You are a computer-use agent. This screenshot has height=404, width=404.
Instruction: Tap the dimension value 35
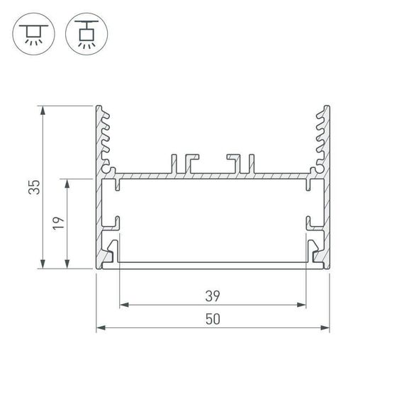coord(33,187)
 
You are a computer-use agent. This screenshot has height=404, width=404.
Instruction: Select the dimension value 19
coord(60,224)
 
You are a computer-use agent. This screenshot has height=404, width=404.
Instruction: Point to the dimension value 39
coord(213,294)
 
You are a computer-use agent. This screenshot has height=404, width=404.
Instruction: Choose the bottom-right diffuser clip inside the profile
coord(314,251)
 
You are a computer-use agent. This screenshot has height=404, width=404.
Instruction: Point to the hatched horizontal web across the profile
coord(213,174)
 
